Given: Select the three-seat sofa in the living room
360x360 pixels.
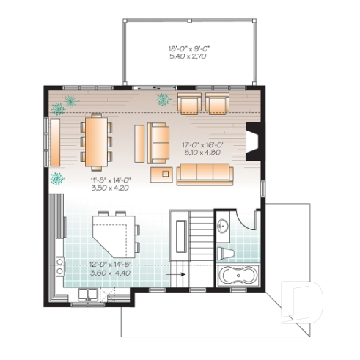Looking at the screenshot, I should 205,174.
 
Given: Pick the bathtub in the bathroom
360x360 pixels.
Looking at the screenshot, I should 238,278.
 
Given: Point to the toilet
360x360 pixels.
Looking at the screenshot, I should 227,254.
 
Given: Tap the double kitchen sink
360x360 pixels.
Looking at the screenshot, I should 89,295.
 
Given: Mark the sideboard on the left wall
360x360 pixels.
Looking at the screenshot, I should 54,142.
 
